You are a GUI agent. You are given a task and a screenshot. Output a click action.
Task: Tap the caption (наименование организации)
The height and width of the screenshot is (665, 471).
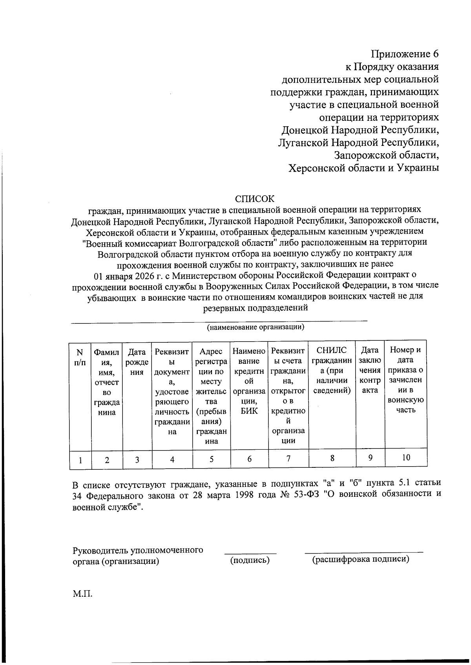[256, 327]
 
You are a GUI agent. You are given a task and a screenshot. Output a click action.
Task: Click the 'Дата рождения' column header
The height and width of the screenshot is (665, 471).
[137, 362]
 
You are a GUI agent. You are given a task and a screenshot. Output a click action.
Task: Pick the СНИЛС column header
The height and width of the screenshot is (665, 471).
[332, 370]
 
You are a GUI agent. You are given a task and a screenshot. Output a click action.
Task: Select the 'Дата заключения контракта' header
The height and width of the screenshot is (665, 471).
[370, 370]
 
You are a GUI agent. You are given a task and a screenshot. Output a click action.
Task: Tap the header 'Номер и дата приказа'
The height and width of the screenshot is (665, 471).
[406, 380]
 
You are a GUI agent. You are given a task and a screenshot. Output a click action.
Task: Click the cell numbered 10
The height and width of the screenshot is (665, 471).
[406, 457]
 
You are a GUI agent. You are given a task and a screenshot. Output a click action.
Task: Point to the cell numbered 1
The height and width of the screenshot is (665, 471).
[80, 460]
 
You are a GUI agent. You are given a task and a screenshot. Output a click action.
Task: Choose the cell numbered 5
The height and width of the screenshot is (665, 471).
[211, 459]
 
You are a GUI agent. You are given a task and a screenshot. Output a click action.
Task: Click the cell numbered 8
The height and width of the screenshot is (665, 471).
[332, 458]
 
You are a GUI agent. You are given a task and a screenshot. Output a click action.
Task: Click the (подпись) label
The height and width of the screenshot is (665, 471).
[250, 560]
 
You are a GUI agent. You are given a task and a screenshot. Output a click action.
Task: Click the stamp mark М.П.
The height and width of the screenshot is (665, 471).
[82, 594]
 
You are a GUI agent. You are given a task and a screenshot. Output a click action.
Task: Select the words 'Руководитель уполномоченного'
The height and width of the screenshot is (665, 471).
[138, 550]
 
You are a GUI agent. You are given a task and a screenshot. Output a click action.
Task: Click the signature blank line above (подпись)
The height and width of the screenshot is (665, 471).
[250, 553]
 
